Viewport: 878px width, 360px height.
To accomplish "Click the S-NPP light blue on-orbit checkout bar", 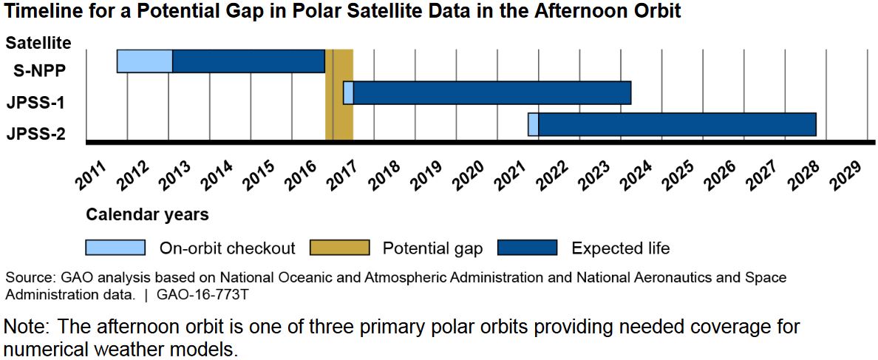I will coord(145,61).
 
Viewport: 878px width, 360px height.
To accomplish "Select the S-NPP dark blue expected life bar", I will coord(248,61).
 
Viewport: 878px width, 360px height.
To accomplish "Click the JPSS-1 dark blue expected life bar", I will coord(491,92).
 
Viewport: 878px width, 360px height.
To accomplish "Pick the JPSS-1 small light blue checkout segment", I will coord(348,92).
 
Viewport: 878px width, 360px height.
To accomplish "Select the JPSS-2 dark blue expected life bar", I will coord(676,124).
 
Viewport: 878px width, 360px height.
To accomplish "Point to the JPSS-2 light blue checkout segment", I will coord(533,124).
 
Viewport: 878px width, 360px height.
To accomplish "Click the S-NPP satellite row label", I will coord(41,71).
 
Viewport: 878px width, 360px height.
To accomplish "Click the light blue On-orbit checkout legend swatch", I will coord(115,248).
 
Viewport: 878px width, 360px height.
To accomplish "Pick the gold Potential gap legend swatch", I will coord(339,248).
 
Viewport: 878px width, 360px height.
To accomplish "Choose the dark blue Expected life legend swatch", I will coord(528,248).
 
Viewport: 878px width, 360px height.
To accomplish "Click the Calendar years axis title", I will coord(147,215).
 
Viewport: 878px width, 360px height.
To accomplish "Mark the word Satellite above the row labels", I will coord(38,43).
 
